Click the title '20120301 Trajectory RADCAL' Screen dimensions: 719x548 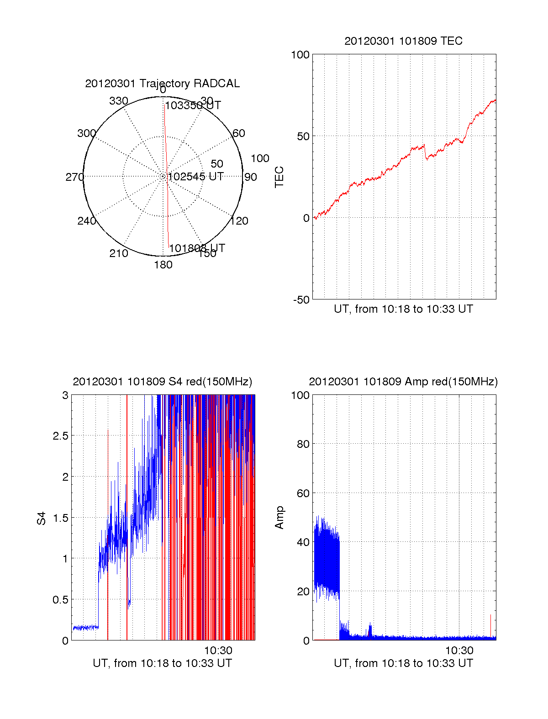tap(162, 84)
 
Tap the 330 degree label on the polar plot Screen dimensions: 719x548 tap(118, 101)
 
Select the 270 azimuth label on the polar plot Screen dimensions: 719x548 tap(74, 177)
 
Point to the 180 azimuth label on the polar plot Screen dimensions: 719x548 tap(163, 265)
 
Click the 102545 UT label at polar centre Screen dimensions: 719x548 tap(195, 177)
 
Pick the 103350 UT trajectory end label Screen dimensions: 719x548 tap(193, 105)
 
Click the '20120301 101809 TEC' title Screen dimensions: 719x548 tap(403, 41)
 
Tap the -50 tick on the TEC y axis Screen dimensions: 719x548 tap(301, 300)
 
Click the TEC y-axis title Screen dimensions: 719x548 tap(279, 177)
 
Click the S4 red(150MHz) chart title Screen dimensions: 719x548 tap(162, 382)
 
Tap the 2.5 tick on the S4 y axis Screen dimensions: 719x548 tap(60, 436)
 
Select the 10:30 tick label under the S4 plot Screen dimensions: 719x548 tap(218, 651)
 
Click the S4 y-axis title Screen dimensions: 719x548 tap(42, 518)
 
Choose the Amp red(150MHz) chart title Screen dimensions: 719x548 tap(403, 382)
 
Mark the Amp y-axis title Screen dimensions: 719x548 tap(279, 518)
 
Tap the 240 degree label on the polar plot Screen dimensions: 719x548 tap(86, 221)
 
